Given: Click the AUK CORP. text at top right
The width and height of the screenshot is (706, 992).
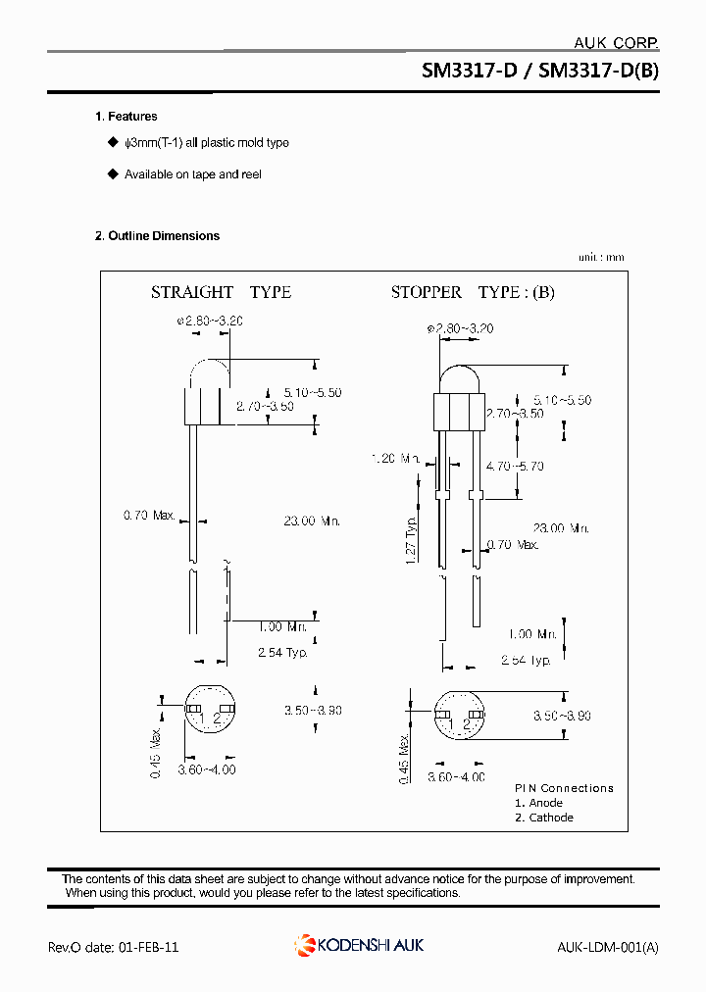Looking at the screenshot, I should (615, 42).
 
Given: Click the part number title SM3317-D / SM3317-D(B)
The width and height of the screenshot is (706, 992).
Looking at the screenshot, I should (540, 72).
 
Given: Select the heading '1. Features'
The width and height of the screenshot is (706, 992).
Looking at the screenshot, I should (126, 117).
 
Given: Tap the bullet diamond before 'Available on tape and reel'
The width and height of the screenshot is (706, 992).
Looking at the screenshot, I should (112, 174).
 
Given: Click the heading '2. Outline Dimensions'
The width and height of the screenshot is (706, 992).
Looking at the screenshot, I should (157, 236).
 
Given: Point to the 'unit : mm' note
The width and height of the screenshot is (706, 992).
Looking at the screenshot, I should (600, 258).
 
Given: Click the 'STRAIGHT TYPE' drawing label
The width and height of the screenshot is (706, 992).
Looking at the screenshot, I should (221, 292).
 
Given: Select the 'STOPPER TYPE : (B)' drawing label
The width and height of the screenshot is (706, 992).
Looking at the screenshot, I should (473, 292).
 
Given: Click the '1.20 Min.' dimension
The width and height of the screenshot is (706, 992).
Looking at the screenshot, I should (396, 458).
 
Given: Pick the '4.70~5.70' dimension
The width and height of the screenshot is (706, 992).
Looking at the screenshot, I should (516, 467).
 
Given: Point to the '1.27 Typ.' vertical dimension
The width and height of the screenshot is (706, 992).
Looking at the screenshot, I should (411, 538).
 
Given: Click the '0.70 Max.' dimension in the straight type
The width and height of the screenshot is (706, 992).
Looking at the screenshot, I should (149, 515).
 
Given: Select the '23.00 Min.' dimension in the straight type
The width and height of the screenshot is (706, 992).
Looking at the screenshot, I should (312, 521).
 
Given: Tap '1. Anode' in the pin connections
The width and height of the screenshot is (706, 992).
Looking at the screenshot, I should (538, 803).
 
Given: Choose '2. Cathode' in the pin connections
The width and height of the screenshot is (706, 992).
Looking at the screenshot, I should (544, 818).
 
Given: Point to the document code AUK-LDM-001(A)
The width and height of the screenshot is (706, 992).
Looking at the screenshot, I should (607, 947).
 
